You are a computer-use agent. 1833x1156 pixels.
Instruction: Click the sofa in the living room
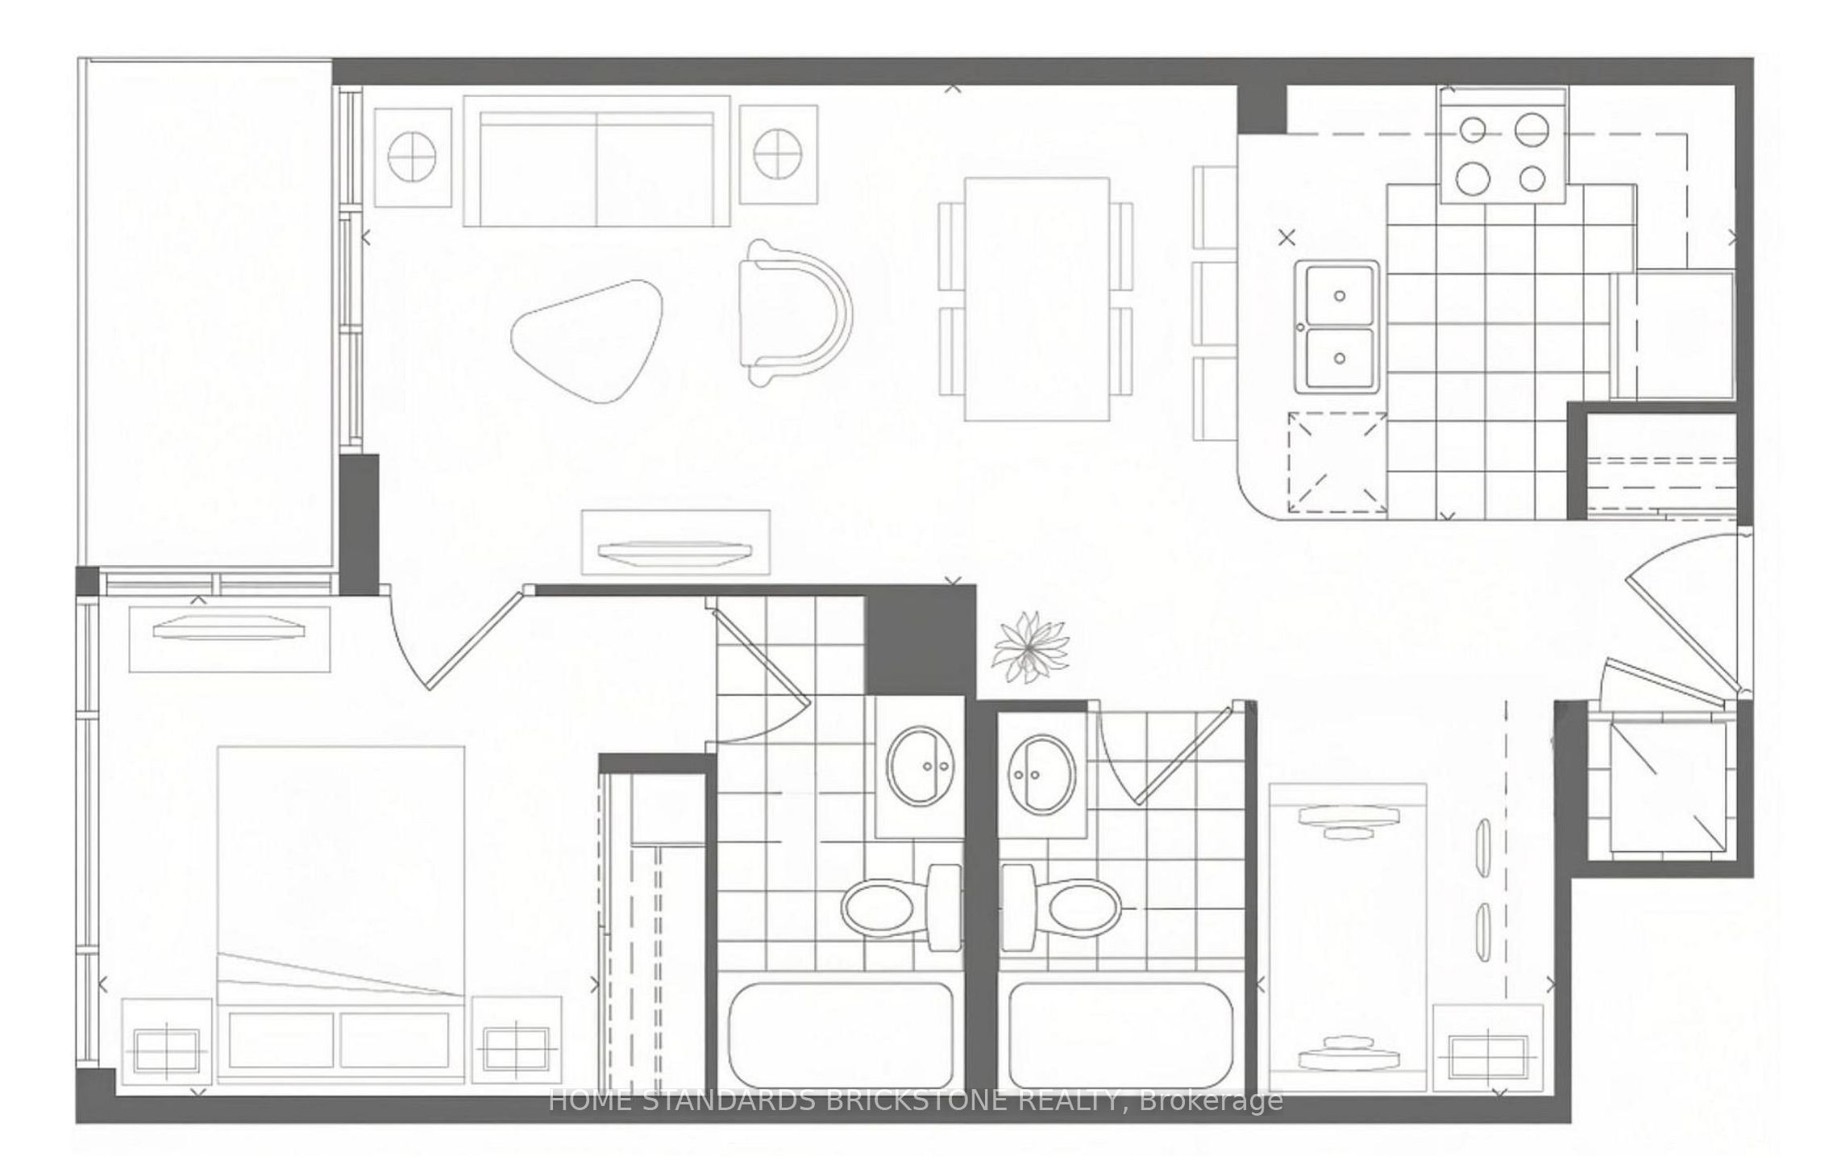click(x=596, y=161)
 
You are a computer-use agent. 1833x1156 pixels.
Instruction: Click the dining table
click(x=1037, y=299)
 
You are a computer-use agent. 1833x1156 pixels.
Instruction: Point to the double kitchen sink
click(x=1337, y=327)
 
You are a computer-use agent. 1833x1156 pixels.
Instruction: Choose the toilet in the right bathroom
click(x=1061, y=907)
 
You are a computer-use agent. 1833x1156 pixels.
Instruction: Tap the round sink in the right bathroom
click(x=1041, y=773)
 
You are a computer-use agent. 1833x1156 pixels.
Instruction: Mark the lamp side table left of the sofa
click(x=413, y=156)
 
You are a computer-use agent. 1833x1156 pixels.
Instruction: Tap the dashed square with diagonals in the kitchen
click(x=1336, y=463)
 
